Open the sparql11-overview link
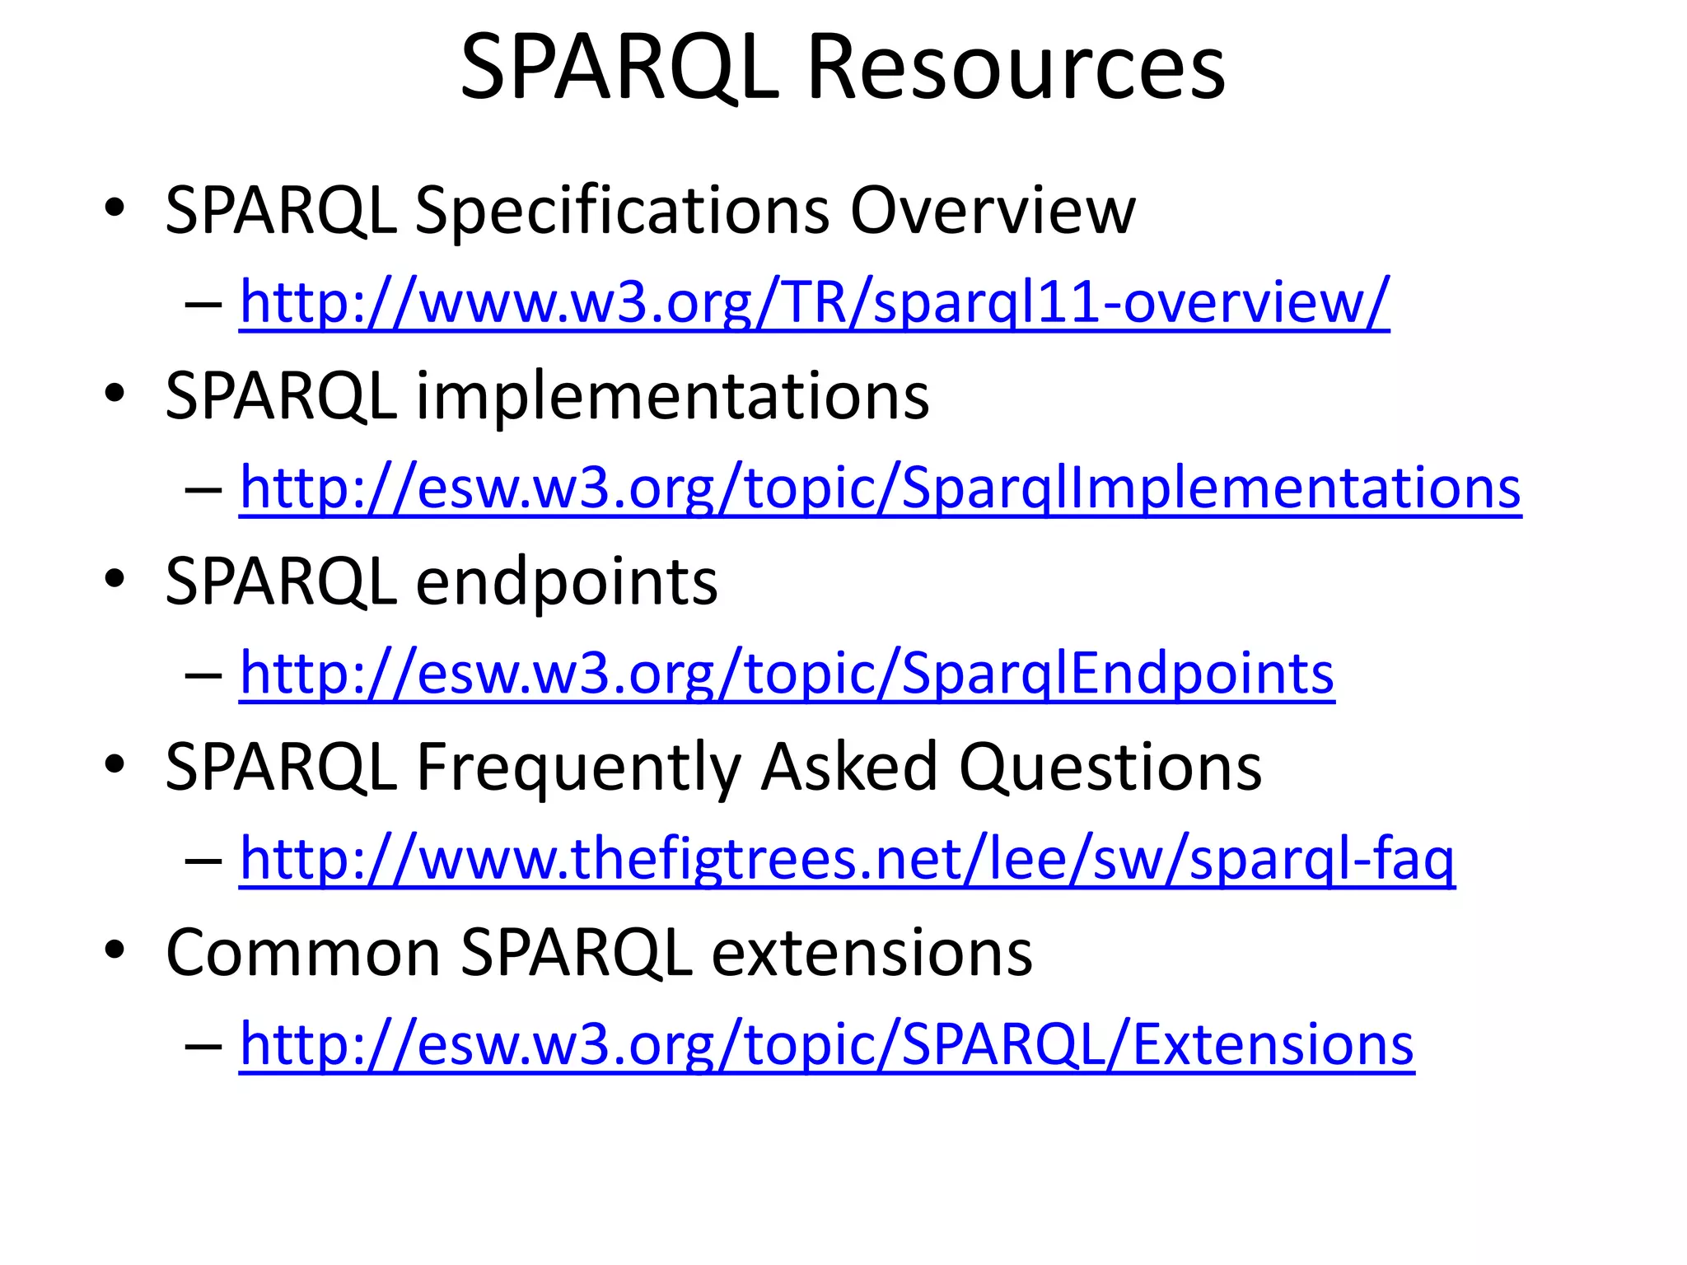814,302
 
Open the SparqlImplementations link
880,488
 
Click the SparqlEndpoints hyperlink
787,673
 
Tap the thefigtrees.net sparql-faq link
847,858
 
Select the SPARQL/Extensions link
826,1043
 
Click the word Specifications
622,211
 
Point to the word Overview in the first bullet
993,211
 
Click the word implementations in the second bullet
672,396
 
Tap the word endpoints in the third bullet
567,581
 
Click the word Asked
848,767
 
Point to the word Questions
1110,767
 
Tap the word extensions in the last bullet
872,953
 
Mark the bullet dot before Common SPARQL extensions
114,950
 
